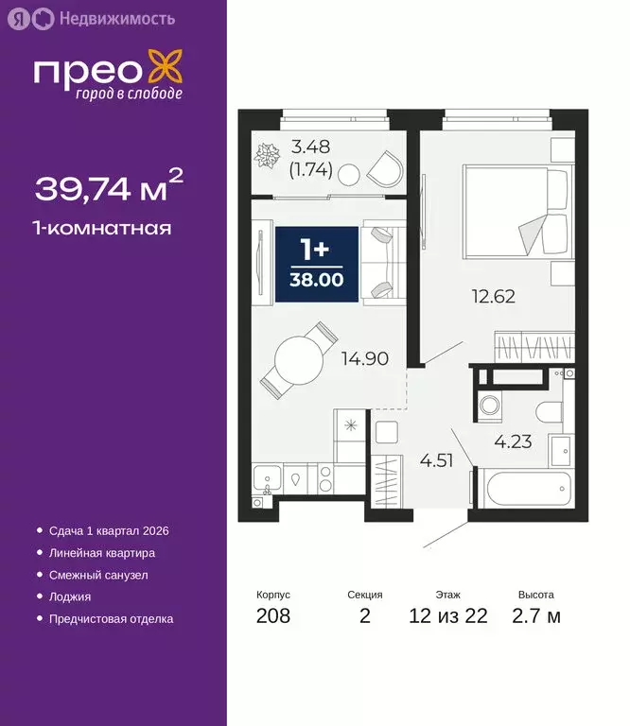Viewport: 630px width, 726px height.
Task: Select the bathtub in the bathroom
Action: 518,491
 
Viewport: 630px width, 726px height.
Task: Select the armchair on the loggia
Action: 384,171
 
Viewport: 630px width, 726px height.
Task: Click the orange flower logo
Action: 166,72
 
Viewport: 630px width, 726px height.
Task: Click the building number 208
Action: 273,617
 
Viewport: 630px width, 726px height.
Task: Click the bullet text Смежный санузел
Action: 98,575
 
